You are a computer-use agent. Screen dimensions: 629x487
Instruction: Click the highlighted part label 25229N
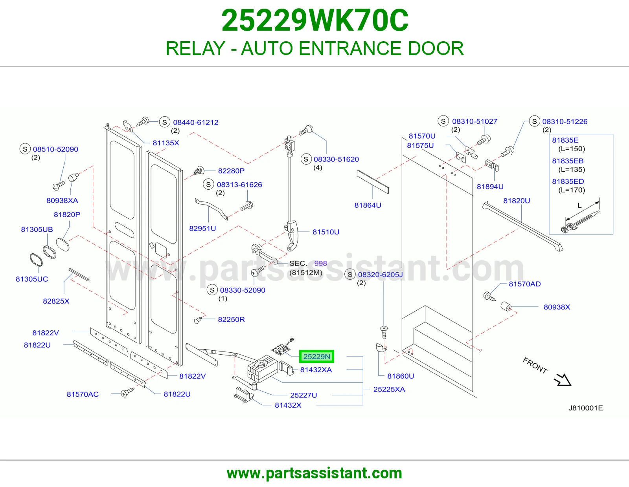(316, 356)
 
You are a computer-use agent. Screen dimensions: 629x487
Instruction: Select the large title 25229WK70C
(314, 20)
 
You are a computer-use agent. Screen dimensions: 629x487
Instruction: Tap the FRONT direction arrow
(563, 380)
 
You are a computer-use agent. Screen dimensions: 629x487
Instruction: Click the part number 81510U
(326, 232)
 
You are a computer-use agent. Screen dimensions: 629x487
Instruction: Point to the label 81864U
(368, 205)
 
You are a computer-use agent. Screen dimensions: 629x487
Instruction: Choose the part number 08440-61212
(196, 123)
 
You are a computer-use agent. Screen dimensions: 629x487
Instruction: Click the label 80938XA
(62, 201)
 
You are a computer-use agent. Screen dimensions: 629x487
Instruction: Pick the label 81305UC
(32, 279)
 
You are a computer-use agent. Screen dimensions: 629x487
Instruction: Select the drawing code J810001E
(586, 408)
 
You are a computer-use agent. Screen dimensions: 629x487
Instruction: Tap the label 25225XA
(389, 389)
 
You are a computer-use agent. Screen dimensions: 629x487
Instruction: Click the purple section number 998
(320, 264)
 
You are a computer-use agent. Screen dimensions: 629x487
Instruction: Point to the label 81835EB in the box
(568, 161)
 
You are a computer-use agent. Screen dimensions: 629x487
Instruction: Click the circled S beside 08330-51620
(306, 159)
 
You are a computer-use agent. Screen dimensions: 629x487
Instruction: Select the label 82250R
(231, 320)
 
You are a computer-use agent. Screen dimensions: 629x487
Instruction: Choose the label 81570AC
(83, 394)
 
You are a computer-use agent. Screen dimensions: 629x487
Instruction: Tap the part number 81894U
(490, 187)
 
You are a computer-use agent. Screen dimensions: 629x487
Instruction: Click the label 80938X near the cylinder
(557, 307)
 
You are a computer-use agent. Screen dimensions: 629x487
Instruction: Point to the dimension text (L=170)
(572, 190)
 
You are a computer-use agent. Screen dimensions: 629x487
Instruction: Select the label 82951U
(202, 229)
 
